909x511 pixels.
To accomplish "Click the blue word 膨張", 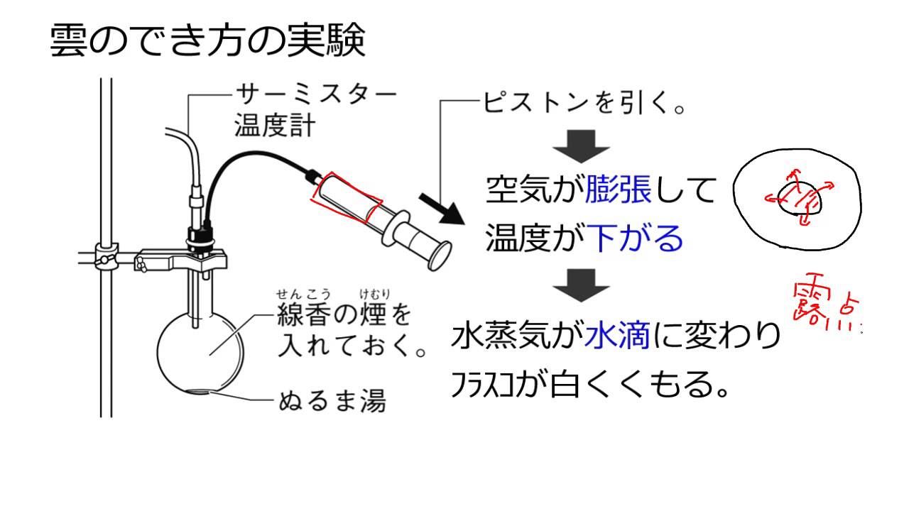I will pos(619,191).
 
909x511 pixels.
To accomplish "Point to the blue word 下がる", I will pos(636,238).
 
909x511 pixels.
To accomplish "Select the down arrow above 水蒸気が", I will pos(582,285).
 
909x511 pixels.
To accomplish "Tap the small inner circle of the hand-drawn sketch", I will pos(800,199).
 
